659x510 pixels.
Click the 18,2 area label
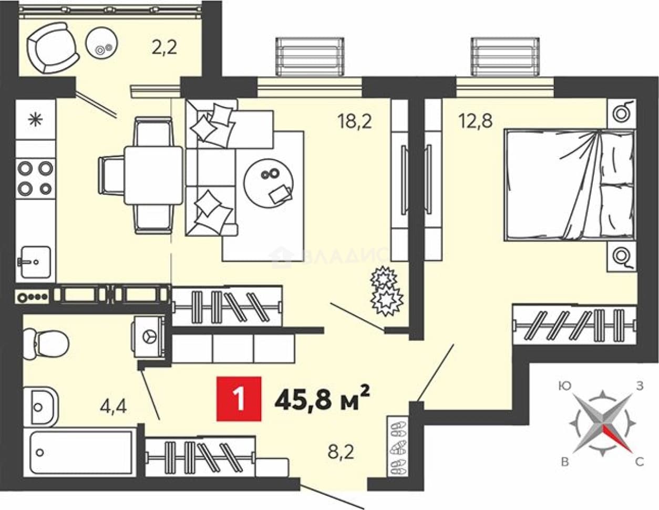(354, 121)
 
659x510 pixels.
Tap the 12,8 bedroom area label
(475, 121)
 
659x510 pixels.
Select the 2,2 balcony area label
(164, 47)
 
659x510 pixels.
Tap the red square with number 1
(239, 399)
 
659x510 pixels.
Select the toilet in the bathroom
(46, 345)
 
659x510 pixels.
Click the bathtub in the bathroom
(82, 453)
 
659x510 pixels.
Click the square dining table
(153, 175)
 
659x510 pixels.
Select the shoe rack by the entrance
(397, 445)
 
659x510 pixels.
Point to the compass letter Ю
(564, 386)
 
